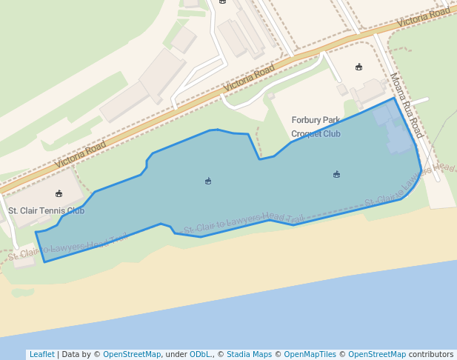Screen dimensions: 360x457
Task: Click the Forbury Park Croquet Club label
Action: (316, 127)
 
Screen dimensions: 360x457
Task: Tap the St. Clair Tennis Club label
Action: (46, 210)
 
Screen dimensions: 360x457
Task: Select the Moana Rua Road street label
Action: (406, 106)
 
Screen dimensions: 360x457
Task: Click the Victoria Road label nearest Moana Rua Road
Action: (423, 18)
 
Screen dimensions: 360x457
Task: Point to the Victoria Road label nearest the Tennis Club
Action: (80, 151)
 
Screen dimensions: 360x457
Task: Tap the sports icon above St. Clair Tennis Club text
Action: (59, 194)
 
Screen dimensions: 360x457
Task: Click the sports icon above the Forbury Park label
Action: (359, 67)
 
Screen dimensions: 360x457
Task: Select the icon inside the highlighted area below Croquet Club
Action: (337, 175)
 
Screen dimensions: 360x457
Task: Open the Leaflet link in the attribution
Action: (41, 355)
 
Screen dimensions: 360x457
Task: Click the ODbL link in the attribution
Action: (199, 355)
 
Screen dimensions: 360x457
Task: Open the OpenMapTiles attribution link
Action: (310, 355)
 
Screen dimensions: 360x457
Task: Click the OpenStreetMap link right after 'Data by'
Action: (132, 355)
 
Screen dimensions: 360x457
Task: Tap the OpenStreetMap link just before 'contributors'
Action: (377, 355)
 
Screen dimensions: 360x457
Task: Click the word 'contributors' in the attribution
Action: (431, 355)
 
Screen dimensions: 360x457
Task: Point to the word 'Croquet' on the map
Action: (305, 134)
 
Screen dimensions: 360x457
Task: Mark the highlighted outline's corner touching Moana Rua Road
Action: (394, 98)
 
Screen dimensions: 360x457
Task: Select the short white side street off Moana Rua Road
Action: (419, 101)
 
